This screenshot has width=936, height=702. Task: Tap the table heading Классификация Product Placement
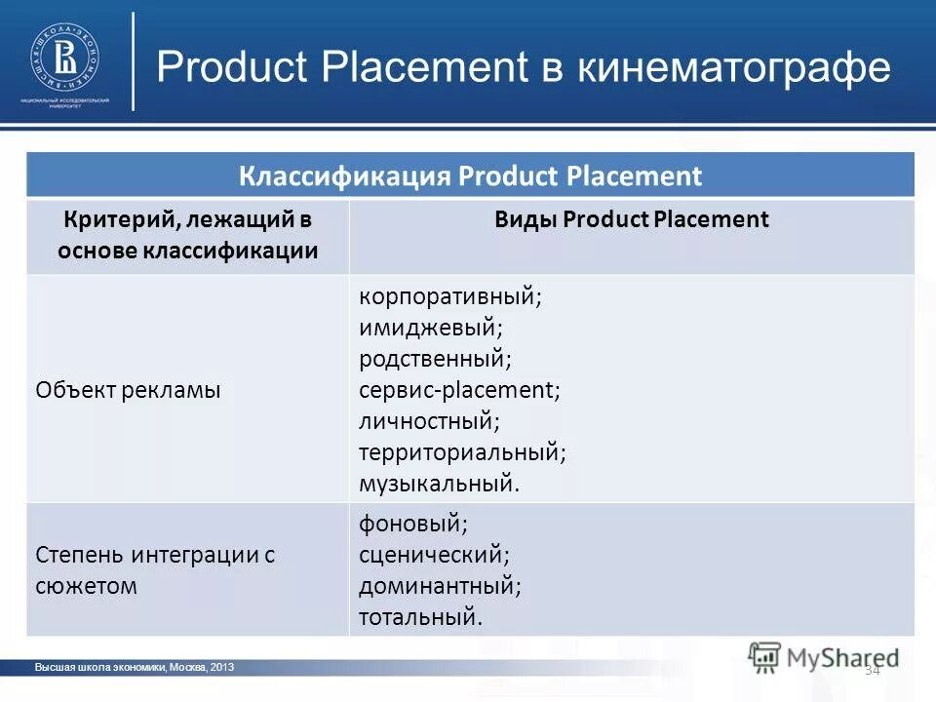tap(470, 176)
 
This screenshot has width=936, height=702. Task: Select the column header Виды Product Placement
tap(632, 219)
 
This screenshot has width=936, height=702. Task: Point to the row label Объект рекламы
tap(129, 390)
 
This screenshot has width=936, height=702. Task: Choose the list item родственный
tap(435, 359)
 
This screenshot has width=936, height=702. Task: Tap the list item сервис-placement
tap(459, 390)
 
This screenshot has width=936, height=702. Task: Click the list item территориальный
tap(462, 452)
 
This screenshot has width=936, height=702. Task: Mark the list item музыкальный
tap(440, 483)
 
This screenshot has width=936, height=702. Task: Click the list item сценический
tap(434, 555)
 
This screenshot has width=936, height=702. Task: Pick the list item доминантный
tap(440, 586)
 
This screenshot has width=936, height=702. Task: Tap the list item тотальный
tap(420, 616)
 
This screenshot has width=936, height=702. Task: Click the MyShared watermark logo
tap(824, 656)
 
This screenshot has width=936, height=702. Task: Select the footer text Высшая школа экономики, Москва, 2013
tap(135, 667)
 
